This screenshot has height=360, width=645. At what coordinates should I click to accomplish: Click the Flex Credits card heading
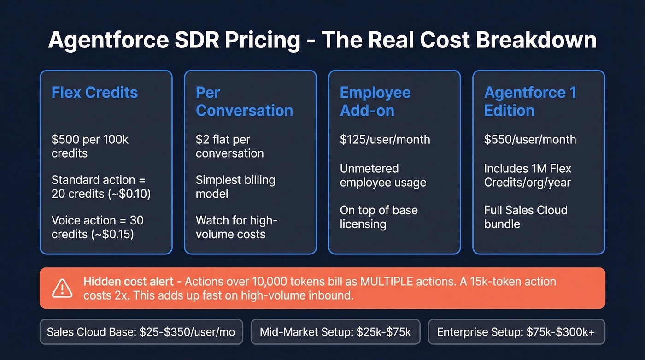[x=94, y=92]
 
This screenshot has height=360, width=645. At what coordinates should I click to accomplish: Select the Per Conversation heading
[x=244, y=101]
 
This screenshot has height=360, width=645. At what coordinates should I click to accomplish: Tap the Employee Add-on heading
[x=375, y=101]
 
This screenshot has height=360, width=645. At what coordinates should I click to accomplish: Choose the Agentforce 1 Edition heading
[x=530, y=101]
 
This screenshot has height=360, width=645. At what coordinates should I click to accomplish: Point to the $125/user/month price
[x=385, y=139]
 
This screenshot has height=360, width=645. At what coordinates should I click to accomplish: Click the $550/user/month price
[x=530, y=139]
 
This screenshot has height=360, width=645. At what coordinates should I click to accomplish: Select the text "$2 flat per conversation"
[x=229, y=146]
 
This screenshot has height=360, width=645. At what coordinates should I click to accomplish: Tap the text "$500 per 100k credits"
[x=90, y=146]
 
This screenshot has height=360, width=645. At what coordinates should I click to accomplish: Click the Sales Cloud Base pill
[x=141, y=332]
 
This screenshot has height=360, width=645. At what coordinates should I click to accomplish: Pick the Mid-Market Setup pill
[x=335, y=332]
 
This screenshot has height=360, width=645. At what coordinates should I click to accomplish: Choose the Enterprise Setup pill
[x=516, y=332]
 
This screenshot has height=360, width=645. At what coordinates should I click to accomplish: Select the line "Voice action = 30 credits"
[x=97, y=227]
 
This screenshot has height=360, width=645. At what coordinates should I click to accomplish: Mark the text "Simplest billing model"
[x=235, y=186]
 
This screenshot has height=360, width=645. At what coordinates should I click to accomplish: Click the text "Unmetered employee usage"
[x=383, y=175]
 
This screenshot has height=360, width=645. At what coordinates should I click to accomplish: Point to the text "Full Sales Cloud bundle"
[x=526, y=217]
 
